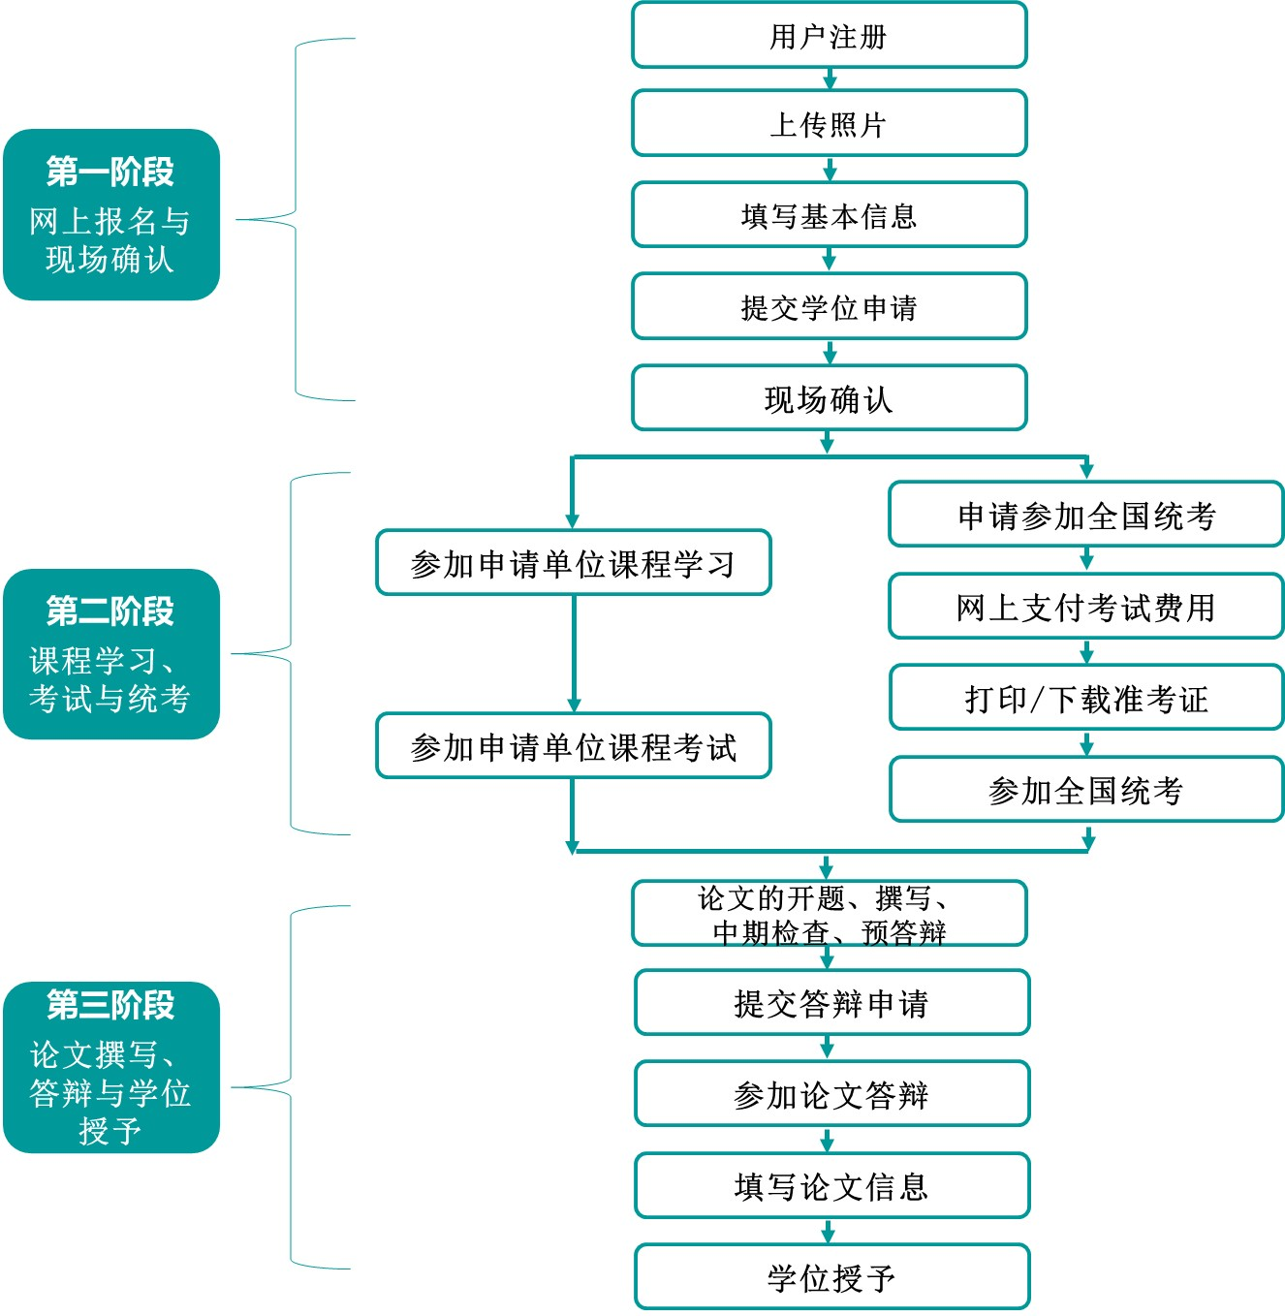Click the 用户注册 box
[x=829, y=36]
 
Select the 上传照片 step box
[x=829, y=123]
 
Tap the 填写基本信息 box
[x=829, y=215]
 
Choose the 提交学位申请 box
[x=829, y=307]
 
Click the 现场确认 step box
[x=829, y=398]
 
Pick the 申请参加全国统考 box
[x=1085, y=515]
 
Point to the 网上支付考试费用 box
[x=1085, y=607]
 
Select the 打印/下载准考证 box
[x=1085, y=698]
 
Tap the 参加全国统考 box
[x=1085, y=790]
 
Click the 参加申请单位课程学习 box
[x=573, y=563]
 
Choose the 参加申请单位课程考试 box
[x=573, y=746]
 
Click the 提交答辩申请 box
[x=831, y=1003]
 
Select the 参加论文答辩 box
[x=831, y=1094]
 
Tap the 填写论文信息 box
[x=831, y=1186]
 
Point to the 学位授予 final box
[x=831, y=1277]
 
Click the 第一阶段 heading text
[x=110, y=172]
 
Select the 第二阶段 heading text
[x=110, y=611]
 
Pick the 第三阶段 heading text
[x=110, y=1005]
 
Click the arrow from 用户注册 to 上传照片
[x=830, y=78]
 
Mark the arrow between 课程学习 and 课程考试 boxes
[x=574, y=654]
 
